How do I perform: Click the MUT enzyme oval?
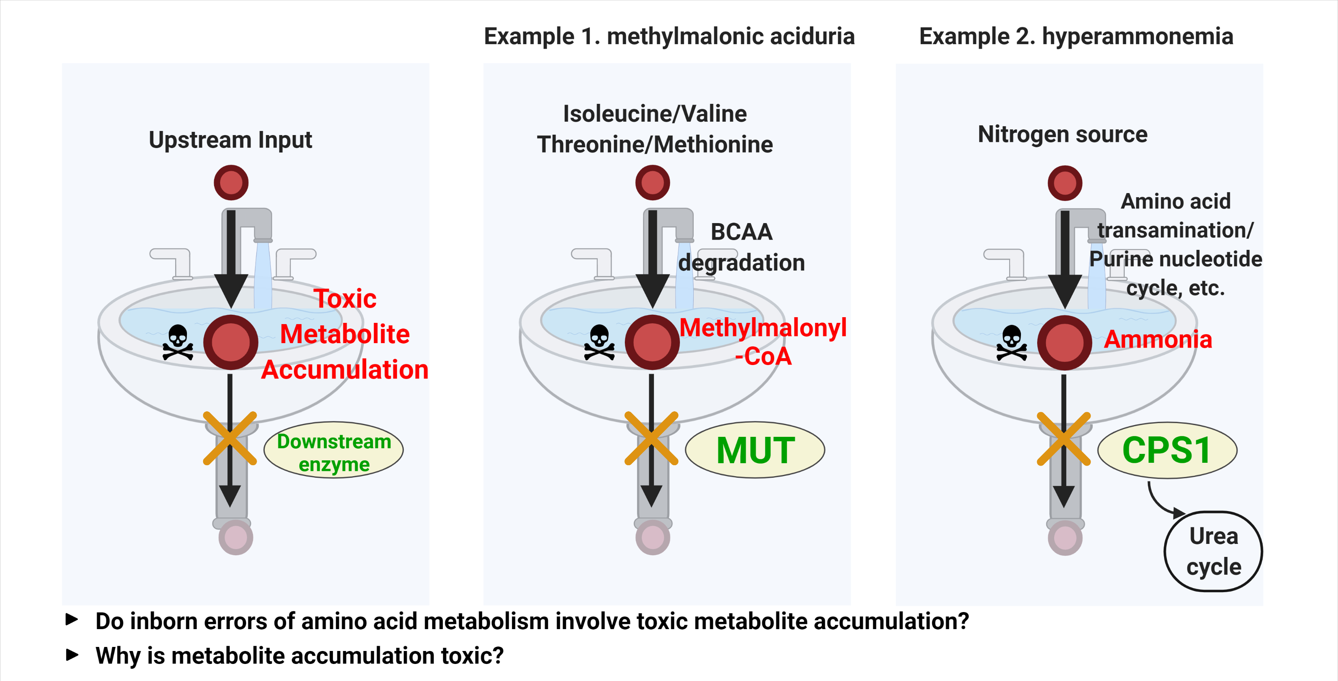(755, 450)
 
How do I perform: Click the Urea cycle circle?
(1214, 551)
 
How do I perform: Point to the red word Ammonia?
(1158, 339)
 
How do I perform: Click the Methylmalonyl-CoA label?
(763, 341)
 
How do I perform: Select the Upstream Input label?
(230, 140)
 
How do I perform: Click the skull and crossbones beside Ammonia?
(1011, 343)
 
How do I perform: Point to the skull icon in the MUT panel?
(599, 342)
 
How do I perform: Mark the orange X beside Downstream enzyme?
(229, 438)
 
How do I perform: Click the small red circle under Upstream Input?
(231, 183)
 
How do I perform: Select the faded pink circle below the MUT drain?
(652, 538)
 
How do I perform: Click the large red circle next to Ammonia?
(1064, 343)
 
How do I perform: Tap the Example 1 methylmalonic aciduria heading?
(669, 37)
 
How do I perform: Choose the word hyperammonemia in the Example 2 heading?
(1138, 37)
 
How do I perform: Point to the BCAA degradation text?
(741, 247)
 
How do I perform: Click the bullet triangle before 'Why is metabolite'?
(72, 655)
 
